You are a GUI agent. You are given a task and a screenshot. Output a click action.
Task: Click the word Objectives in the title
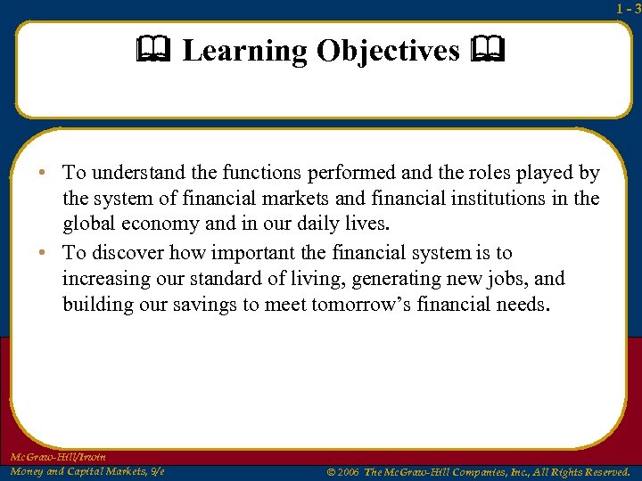[388, 52]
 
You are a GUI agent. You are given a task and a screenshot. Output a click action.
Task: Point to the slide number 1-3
[628, 9]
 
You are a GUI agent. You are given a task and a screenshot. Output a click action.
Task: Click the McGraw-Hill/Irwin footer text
[57, 457]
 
